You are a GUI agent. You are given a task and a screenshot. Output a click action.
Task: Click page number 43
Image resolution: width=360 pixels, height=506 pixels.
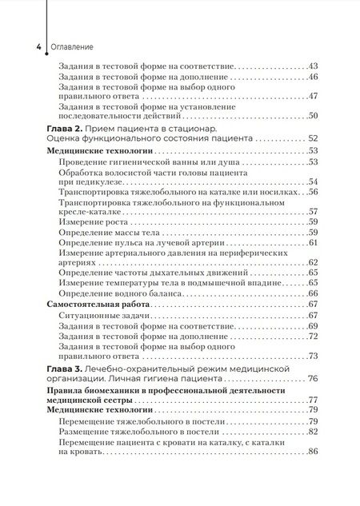(314, 66)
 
